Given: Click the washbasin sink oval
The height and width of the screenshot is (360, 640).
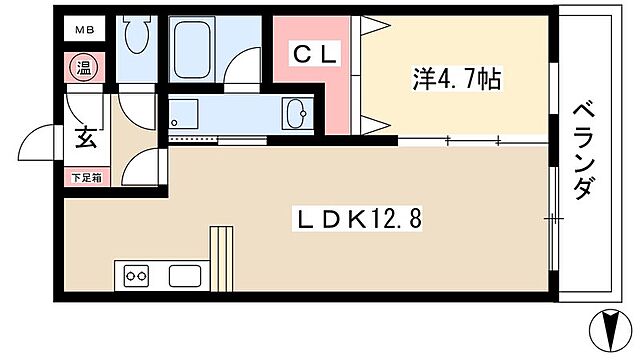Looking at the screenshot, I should point(296,114).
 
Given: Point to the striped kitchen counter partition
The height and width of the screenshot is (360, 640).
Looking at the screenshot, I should point(220,258).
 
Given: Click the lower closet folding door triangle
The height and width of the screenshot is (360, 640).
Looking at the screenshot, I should point(371,125).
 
